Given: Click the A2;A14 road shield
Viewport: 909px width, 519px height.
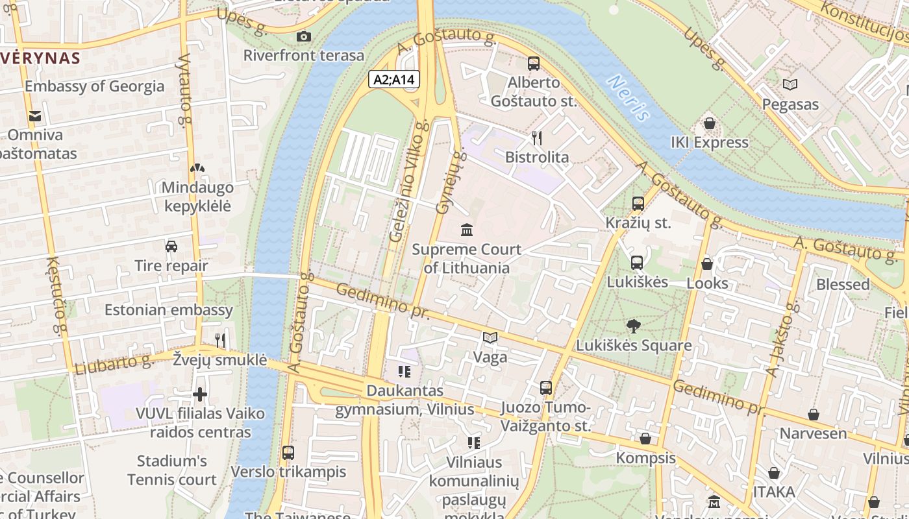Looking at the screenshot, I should coord(394,80).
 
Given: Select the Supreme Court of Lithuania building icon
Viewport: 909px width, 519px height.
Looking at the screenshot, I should coord(466,230).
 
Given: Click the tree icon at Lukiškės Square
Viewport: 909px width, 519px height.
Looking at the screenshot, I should coord(633,326).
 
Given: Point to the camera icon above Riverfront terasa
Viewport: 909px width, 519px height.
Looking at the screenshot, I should coord(303,36).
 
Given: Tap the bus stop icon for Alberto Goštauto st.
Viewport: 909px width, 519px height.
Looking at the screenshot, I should coord(534,63).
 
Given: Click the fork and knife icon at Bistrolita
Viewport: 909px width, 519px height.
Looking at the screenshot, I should coord(536,138).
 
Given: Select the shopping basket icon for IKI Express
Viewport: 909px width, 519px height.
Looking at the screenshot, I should coord(710,123).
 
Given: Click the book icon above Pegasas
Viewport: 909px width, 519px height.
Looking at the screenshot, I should coord(790,84).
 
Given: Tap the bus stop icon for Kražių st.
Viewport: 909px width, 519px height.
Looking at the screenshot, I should coord(638,204).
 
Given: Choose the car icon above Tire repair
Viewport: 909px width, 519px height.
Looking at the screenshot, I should coord(171,246).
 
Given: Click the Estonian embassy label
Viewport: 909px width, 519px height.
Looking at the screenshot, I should coord(169,309).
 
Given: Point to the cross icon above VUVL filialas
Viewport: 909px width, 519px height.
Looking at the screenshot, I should coord(200,394).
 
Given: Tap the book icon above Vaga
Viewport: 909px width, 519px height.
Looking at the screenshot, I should coord(490,337).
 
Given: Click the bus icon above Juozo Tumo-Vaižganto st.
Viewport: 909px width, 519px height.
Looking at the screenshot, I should coord(546,388).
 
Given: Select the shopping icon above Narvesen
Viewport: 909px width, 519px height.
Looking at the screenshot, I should coord(813,415).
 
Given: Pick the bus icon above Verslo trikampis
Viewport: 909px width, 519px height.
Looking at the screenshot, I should coord(288,452).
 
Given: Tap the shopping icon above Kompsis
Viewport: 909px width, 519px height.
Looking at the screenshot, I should coord(645,439).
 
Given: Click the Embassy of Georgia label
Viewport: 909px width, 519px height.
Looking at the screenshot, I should coord(94,86).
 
